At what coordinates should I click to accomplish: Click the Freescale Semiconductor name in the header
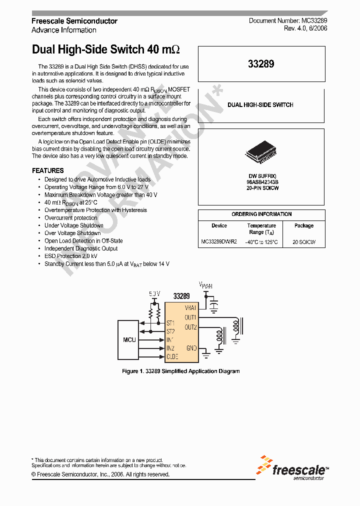click(x=74, y=21)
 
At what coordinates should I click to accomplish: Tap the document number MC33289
click(x=288, y=20)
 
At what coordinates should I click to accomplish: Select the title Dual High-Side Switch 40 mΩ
click(x=105, y=50)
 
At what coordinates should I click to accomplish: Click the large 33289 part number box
click(x=261, y=64)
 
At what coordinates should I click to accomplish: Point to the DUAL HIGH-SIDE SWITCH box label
click(x=260, y=105)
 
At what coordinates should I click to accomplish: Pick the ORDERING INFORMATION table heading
click(x=261, y=214)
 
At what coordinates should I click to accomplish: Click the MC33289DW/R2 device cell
click(x=219, y=242)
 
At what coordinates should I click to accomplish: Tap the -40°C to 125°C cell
click(x=261, y=242)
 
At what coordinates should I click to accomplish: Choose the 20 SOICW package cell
click(x=304, y=242)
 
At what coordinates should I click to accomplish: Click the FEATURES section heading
click(x=48, y=170)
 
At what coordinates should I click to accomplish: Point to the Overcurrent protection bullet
click(x=71, y=218)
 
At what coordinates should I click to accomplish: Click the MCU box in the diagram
click(x=129, y=340)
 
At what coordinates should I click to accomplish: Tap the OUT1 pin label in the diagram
click(x=190, y=317)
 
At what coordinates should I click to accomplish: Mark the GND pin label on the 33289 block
click(x=191, y=347)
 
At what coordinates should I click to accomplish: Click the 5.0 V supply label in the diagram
click(x=154, y=293)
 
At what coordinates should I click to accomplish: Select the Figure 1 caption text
click(x=181, y=371)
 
